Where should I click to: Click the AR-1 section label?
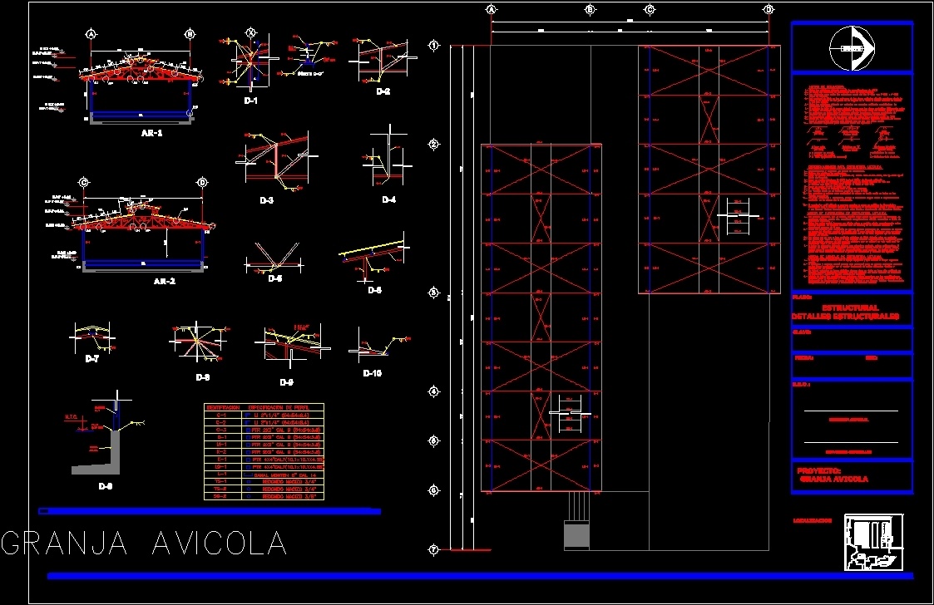[x=151, y=133]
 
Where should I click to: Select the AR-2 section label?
[x=165, y=281]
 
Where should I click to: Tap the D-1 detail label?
[x=251, y=101]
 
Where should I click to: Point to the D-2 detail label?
[x=383, y=91]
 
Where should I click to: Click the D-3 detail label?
[x=266, y=200]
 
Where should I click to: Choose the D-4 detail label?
[x=389, y=199]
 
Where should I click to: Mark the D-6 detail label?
[x=374, y=290]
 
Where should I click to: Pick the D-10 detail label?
[x=372, y=373]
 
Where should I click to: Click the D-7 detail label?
[x=91, y=358]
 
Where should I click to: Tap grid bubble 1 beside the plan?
[x=433, y=46]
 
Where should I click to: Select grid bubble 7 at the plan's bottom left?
[x=433, y=549]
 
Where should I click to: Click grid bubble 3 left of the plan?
[x=433, y=293]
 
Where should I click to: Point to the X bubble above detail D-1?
[x=250, y=32]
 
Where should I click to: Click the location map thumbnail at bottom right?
[x=873, y=542]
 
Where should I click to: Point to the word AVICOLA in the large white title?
[x=220, y=544]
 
